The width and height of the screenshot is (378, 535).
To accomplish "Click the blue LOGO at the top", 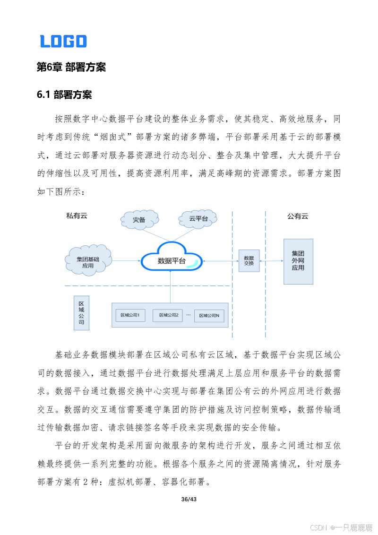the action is [x=63, y=41].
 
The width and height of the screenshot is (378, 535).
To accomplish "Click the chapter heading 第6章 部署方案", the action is [x=71, y=67].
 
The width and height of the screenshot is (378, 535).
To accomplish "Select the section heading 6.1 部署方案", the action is [x=64, y=95].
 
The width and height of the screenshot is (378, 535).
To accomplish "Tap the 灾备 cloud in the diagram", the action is [x=139, y=219].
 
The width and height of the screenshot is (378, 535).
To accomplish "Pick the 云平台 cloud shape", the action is [x=198, y=219].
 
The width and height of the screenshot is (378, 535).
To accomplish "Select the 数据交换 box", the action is [x=249, y=260].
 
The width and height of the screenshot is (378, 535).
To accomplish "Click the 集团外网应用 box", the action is [x=298, y=261].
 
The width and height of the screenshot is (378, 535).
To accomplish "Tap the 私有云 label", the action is [x=77, y=216].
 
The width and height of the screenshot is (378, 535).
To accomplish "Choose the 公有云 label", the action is [x=298, y=216].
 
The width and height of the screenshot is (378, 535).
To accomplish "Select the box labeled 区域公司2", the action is [x=169, y=315].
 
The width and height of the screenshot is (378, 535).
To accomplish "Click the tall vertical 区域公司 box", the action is [x=81, y=312].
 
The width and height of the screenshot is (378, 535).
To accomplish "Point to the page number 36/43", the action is [x=189, y=499].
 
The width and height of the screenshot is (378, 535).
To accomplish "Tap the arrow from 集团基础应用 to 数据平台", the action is [x=126, y=260].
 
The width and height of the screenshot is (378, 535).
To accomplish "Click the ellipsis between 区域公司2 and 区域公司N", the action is [x=189, y=314].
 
